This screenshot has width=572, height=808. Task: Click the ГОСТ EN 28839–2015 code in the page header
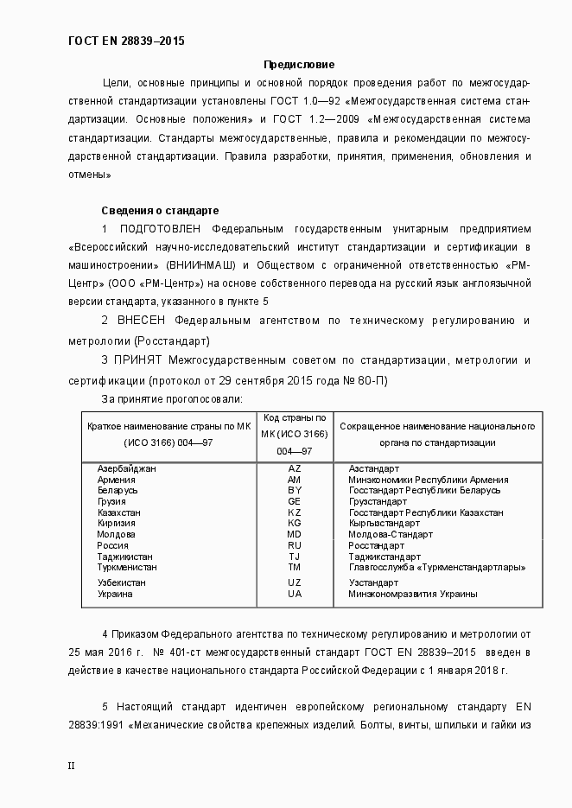click(x=125, y=41)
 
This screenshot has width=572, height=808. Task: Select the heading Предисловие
click(x=298, y=65)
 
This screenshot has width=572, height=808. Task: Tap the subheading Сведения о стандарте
click(x=160, y=210)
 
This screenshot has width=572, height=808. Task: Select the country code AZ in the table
click(x=294, y=468)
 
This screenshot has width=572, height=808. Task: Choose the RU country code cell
click(x=294, y=546)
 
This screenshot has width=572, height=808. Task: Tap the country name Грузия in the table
click(x=111, y=501)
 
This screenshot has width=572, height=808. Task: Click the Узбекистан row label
click(x=121, y=582)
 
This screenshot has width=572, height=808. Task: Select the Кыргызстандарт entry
click(x=384, y=524)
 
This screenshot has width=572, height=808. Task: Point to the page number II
click(x=72, y=765)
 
